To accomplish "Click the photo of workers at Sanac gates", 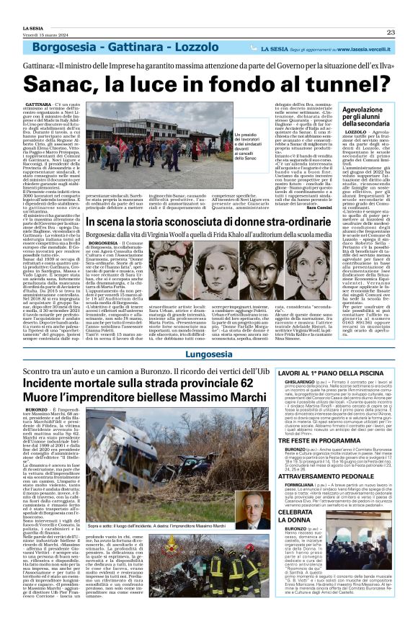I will (145, 130).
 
